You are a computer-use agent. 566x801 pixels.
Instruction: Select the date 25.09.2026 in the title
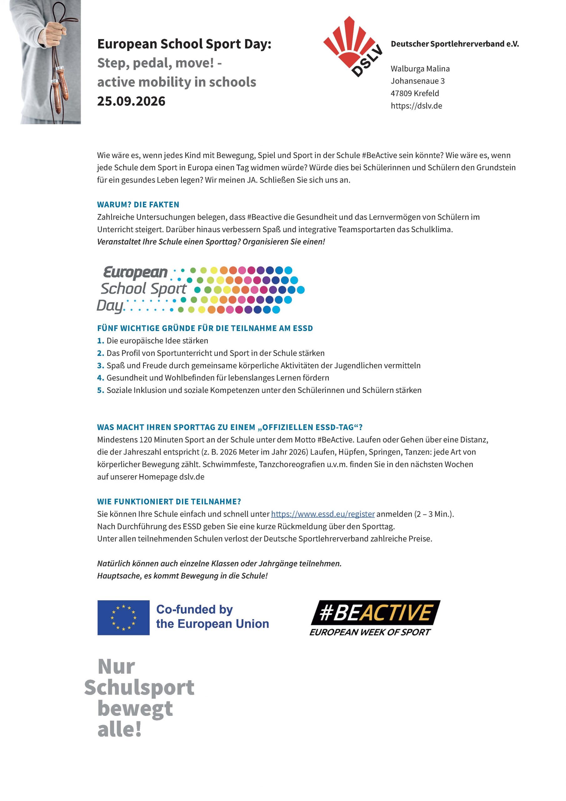pos(131,101)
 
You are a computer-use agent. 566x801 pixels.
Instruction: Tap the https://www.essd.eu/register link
pos(323,514)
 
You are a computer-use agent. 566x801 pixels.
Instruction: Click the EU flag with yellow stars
pos(124,618)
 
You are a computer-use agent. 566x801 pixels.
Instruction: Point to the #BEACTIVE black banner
pos(375,612)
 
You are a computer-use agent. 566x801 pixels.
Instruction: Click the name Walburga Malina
pos(420,69)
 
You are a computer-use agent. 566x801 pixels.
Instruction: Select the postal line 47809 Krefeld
pos(415,94)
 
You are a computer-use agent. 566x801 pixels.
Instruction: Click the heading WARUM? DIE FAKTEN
pos(138,204)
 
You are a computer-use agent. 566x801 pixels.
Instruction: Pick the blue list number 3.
pos(100,366)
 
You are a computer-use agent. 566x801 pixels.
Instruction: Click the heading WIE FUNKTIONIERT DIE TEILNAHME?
pos(169,502)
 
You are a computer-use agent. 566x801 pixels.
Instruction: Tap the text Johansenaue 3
pos(417,81)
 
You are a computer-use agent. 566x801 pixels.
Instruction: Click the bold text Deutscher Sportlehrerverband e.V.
pos(454,44)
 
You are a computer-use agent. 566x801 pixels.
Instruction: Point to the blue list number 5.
pos(100,390)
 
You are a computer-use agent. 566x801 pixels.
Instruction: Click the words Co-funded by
pos(194,610)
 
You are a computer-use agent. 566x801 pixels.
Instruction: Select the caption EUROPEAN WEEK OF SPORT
pos(370,632)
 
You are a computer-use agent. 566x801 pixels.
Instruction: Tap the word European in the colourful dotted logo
pos(135,272)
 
